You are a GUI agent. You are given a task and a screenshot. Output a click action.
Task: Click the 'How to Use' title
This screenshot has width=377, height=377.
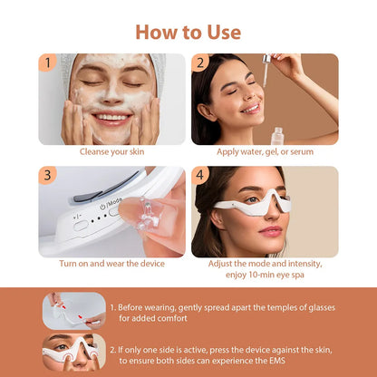tap(188, 32)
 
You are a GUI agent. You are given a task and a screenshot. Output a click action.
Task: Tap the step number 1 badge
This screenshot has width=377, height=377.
tap(47, 63)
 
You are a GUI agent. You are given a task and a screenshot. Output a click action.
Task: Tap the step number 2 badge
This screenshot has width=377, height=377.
tap(201, 63)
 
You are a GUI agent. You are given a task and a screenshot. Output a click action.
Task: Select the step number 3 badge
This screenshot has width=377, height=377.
tap(47, 175)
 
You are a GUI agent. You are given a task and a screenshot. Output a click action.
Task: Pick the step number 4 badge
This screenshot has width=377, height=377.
tap(201, 175)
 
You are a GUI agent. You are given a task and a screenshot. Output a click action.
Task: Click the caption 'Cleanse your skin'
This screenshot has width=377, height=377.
tap(111, 151)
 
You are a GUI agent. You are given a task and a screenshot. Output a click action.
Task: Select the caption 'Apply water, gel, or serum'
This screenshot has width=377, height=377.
tap(265, 151)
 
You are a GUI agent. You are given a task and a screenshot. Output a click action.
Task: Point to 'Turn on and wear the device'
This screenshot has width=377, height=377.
tap(111, 264)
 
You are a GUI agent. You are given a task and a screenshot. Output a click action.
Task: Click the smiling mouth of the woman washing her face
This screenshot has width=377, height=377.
tap(111, 117)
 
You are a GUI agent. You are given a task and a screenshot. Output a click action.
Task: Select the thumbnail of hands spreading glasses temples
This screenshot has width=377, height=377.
tap(72, 309)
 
